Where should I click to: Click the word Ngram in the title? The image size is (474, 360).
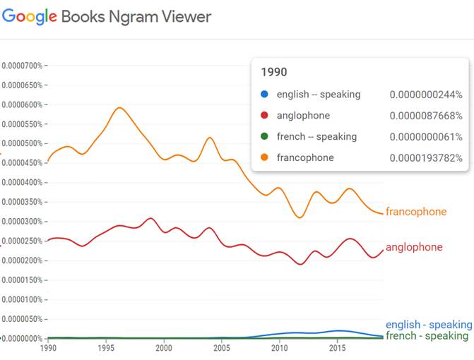(x=132, y=16)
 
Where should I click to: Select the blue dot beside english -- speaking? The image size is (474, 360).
(x=264, y=95)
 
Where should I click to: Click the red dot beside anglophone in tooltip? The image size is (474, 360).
(x=264, y=116)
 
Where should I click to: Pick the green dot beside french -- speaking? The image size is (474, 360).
(x=264, y=137)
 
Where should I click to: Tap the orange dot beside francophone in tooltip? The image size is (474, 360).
(x=264, y=158)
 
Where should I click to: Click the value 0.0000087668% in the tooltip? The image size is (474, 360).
(x=425, y=116)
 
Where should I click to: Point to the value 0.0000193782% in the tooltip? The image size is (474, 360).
(x=425, y=158)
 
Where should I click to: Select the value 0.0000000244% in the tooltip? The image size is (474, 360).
(x=425, y=95)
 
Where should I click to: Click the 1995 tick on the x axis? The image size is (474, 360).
(x=106, y=348)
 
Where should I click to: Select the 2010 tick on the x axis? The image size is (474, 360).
(x=279, y=348)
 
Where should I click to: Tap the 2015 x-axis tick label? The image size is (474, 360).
(x=337, y=348)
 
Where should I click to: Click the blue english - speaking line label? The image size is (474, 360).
(x=428, y=325)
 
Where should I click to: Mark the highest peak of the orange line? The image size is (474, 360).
(x=119, y=108)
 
